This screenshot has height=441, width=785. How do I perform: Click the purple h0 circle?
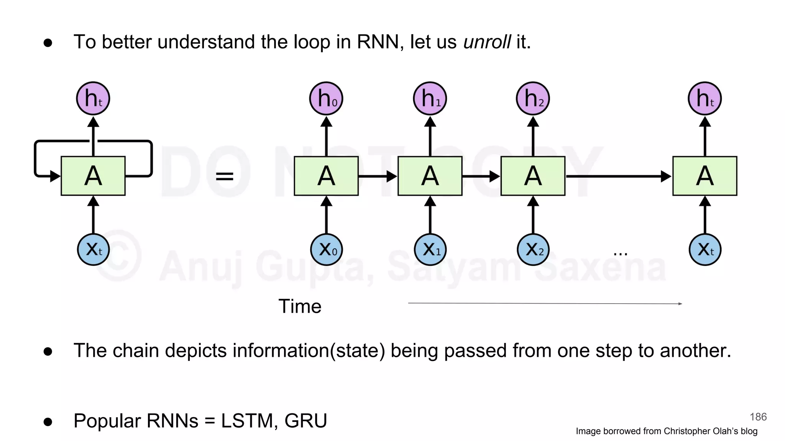tap(326, 98)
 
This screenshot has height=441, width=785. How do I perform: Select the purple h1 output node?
tap(430, 98)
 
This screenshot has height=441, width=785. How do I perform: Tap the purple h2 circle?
tap(533, 98)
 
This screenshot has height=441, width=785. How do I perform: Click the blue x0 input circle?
tap(326, 250)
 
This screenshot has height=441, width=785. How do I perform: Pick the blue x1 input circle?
tap(430, 250)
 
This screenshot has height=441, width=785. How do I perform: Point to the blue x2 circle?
tap(533, 250)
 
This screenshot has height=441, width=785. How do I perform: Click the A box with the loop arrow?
tap(93, 176)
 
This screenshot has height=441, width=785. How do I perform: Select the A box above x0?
tap(326, 176)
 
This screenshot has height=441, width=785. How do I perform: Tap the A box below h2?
tap(533, 176)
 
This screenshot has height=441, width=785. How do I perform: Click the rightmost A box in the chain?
tap(705, 176)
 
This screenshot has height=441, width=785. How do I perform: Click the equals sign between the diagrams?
tap(225, 176)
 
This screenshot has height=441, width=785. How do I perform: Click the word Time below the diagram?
tap(300, 306)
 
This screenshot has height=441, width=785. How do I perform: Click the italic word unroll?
tap(487, 42)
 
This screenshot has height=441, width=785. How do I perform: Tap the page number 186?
tap(758, 417)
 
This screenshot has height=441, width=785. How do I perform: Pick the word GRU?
tap(305, 421)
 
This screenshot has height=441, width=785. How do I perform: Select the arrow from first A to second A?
tap(378, 176)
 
